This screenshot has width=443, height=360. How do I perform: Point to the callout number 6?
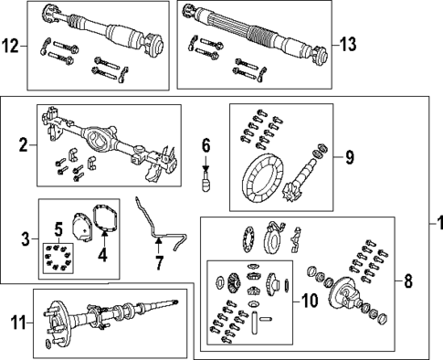click(x=206, y=145)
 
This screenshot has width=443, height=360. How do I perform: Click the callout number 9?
click(x=349, y=157)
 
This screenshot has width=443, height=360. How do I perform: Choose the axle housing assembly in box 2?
click(x=105, y=137)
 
